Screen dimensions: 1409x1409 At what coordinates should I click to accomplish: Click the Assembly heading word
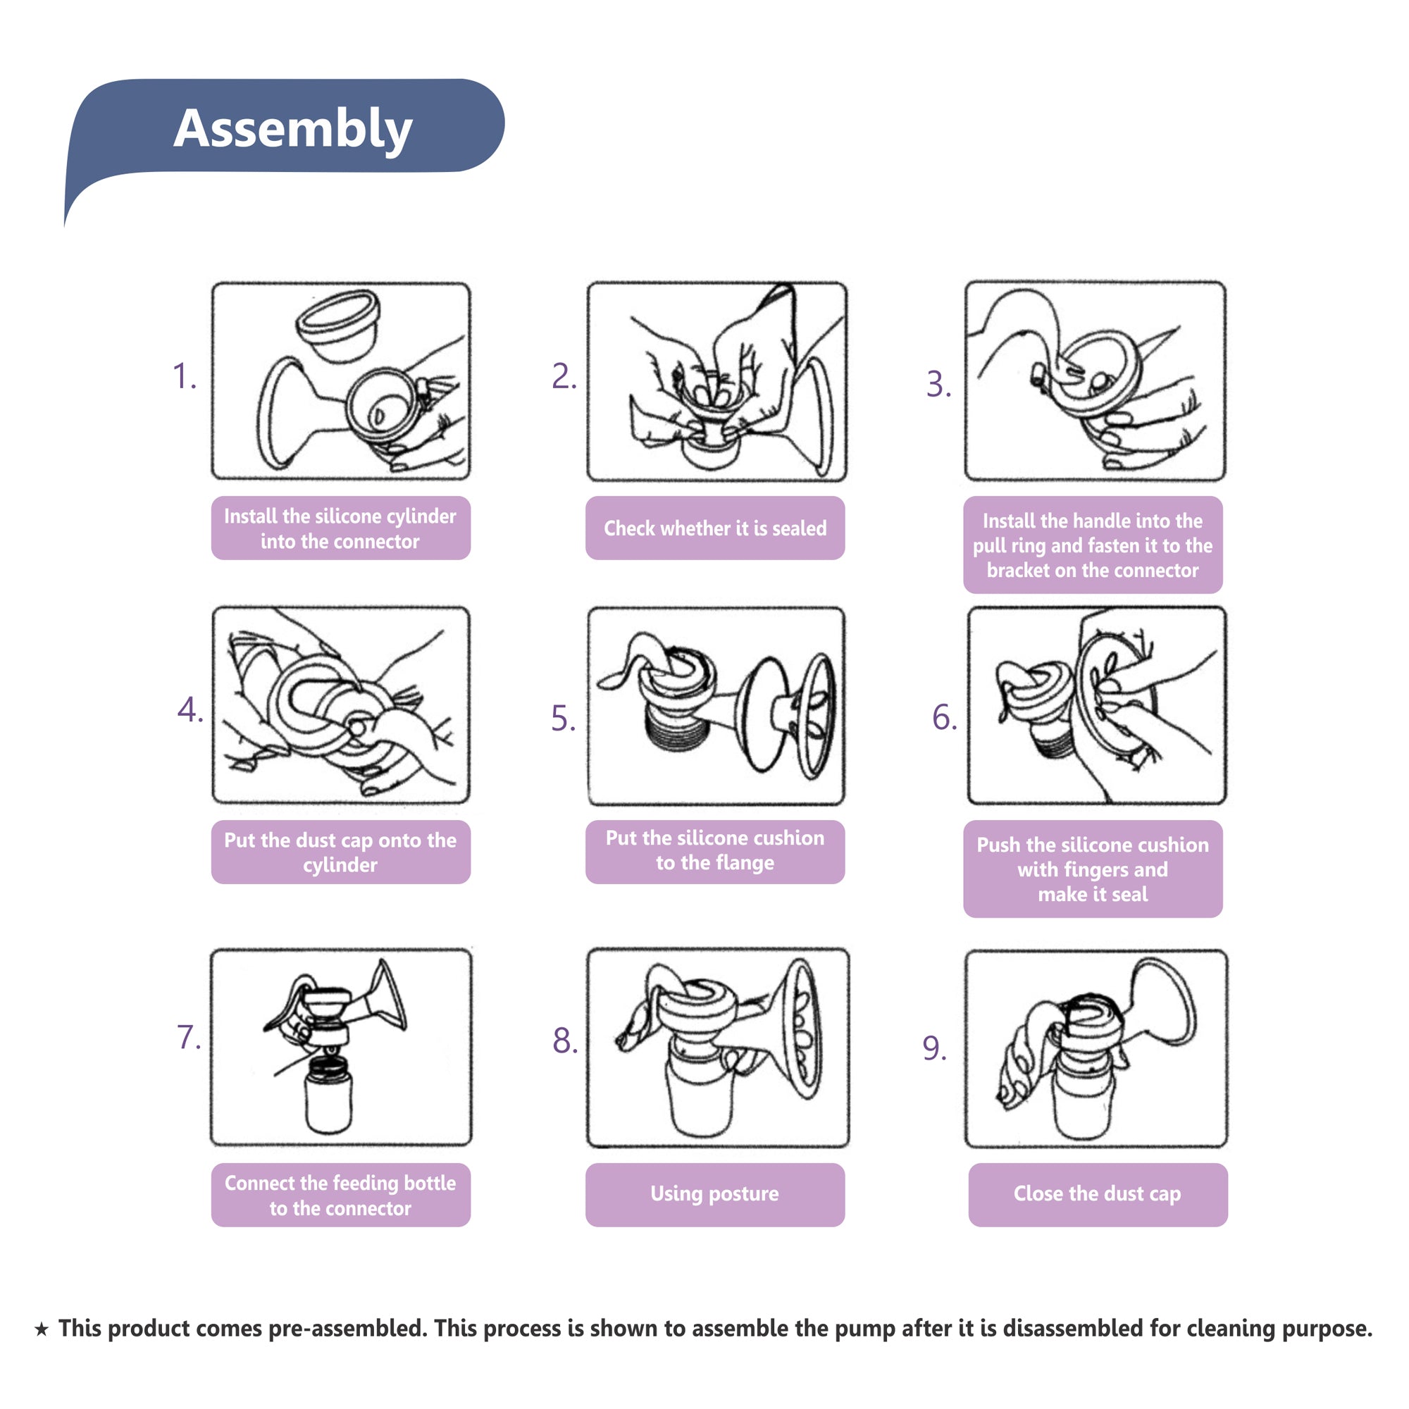(x=292, y=128)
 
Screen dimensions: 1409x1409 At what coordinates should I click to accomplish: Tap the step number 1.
(x=184, y=377)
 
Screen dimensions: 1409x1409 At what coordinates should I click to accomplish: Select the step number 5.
(x=562, y=719)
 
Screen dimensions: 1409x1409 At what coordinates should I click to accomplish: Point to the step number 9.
(x=933, y=1049)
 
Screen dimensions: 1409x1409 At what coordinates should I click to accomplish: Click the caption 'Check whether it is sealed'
(x=714, y=528)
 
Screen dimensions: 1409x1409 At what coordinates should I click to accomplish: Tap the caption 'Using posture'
(x=714, y=1194)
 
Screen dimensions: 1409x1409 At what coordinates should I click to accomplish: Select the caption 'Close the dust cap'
(x=1097, y=1194)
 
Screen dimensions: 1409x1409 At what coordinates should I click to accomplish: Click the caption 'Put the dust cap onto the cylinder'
(x=340, y=852)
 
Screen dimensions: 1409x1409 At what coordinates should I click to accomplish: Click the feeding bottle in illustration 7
(x=329, y=1094)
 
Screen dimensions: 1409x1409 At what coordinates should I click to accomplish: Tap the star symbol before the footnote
(x=42, y=1329)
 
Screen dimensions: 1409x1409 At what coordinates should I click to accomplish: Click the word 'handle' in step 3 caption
(x=1098, y=521)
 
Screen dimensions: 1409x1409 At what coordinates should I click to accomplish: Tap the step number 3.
(x=938, y=385)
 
